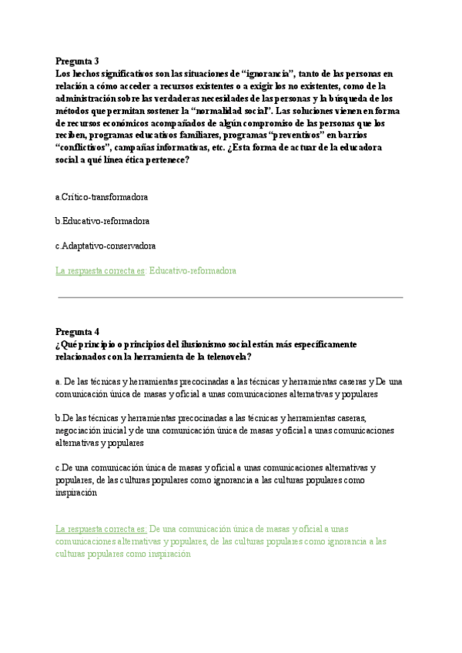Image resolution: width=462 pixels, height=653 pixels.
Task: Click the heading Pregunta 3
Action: pos(77,61)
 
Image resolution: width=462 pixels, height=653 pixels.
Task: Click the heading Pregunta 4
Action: pos(77,333)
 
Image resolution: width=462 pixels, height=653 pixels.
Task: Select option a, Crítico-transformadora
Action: pos(103,197)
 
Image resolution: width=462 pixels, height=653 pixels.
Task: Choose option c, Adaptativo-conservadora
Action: pos(106,246)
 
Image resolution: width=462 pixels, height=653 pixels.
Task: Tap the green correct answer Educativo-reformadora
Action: pos(192,271)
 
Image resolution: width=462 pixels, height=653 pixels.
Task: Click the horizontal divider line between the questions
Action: pos(230,297)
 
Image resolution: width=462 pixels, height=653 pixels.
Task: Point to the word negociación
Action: pos(84,431)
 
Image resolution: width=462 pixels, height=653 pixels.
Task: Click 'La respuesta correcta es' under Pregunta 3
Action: pos(101,271)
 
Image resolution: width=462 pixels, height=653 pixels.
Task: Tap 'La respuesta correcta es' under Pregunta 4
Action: pos(101,529)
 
